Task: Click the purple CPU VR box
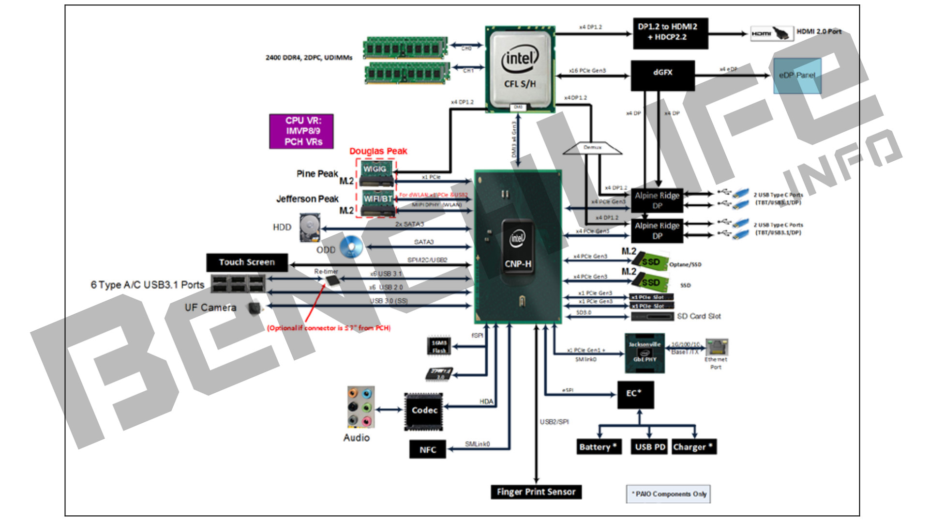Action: pyautogui.click(x=301, y=131)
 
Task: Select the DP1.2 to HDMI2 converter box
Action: pyautogui.click(x=670, y=33)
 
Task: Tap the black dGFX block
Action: pyautogui.click(x=662, y=75)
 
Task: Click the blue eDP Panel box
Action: pyautogui.click(x=797, y=76)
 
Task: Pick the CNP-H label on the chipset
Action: pyautogui.click(x=518, y=264)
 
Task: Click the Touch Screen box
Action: pyautogui.click(x=247, y=262)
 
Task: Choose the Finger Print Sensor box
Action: pyautogui.click(x=536, y=492)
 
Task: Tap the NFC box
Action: pyautogui.click(x=428, y=450)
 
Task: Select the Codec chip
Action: pyautogui.click(x=424, y=411)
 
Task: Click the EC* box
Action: pyautogui.click(x=635, y=394)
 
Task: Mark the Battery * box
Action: pyautogui.click(x=599, y=447)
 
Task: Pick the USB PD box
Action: pyautogui.click(x=650, y=447)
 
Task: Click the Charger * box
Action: pyautogui.click(x=693, y=447)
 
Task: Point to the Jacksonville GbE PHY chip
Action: pyautogui.click(x=644, y=353)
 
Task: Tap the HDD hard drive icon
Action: pyautogui.click(x=309, y=227)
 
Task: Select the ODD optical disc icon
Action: pyautogui.click(x=351, y=247)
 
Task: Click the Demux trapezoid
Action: pyautogui.click(x=593, y=148)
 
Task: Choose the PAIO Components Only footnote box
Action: pyautogui.click(x=668, y=494)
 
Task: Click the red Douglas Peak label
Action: pyautogui.click(x=378, y=152)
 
